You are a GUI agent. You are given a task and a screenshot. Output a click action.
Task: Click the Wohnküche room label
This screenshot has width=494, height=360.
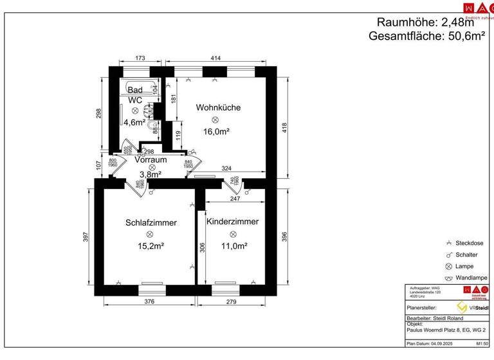pos(219,107)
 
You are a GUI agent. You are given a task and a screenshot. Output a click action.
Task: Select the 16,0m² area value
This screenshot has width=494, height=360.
pos(217,131)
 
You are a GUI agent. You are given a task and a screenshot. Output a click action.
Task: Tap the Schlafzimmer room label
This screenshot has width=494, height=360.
pos(151,222)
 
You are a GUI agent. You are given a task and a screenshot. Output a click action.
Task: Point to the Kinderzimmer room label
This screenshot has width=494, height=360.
pos(232,221)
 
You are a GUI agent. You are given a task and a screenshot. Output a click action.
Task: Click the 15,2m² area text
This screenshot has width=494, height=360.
pos(151,246)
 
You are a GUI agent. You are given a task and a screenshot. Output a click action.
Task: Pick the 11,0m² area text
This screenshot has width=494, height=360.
pos(233,246)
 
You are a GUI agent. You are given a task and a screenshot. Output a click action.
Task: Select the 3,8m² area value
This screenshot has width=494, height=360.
pos(150,174)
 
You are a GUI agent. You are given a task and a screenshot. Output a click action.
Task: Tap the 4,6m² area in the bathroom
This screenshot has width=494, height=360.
pos(135,122)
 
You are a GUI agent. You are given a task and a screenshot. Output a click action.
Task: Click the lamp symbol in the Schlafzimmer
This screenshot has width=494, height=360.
pos(150,234)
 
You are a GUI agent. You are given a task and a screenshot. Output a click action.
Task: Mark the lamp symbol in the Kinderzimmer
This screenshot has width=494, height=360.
pos(233,234)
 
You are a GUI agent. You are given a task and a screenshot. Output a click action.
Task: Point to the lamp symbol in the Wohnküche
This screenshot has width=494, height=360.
pos(217,120)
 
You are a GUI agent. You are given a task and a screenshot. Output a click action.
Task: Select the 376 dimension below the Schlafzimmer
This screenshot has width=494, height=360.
pos(149,301)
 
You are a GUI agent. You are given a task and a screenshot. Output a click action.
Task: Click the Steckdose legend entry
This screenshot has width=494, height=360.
pos(469,243)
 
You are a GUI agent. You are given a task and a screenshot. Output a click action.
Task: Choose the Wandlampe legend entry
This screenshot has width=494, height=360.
pos(470,278)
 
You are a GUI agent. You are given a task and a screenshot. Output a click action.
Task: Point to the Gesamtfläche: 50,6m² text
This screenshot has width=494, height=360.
pos(426,36)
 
